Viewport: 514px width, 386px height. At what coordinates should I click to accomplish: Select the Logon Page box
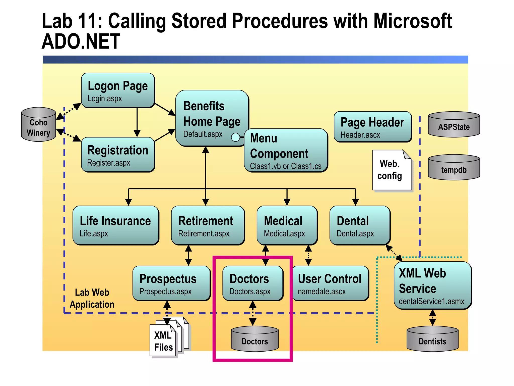(118, 90)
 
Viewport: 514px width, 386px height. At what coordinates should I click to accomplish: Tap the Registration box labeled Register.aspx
(118, 155)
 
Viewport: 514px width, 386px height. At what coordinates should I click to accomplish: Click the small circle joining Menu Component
(235, 137)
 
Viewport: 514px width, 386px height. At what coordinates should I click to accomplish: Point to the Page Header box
(372, 127)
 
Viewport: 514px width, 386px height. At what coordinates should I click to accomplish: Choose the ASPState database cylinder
(454, 125)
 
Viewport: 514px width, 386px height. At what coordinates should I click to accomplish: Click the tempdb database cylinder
(454, 168)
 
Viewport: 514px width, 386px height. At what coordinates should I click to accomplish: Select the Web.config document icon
(391, 170)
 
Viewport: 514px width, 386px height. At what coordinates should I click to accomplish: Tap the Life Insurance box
(115, 225)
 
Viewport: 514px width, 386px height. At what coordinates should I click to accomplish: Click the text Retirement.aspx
(204, 234)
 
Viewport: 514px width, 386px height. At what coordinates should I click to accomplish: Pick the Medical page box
(287, 225)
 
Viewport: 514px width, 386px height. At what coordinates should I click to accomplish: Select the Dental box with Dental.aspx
(360, 225)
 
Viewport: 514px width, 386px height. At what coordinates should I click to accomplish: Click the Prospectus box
(171, 283)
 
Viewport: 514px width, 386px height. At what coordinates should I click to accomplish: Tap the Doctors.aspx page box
(252, 283)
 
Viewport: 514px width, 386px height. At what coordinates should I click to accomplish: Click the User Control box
(330, 283)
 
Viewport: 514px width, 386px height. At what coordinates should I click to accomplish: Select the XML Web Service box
(432, 285)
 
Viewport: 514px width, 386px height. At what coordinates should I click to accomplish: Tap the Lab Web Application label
(92, 299)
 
